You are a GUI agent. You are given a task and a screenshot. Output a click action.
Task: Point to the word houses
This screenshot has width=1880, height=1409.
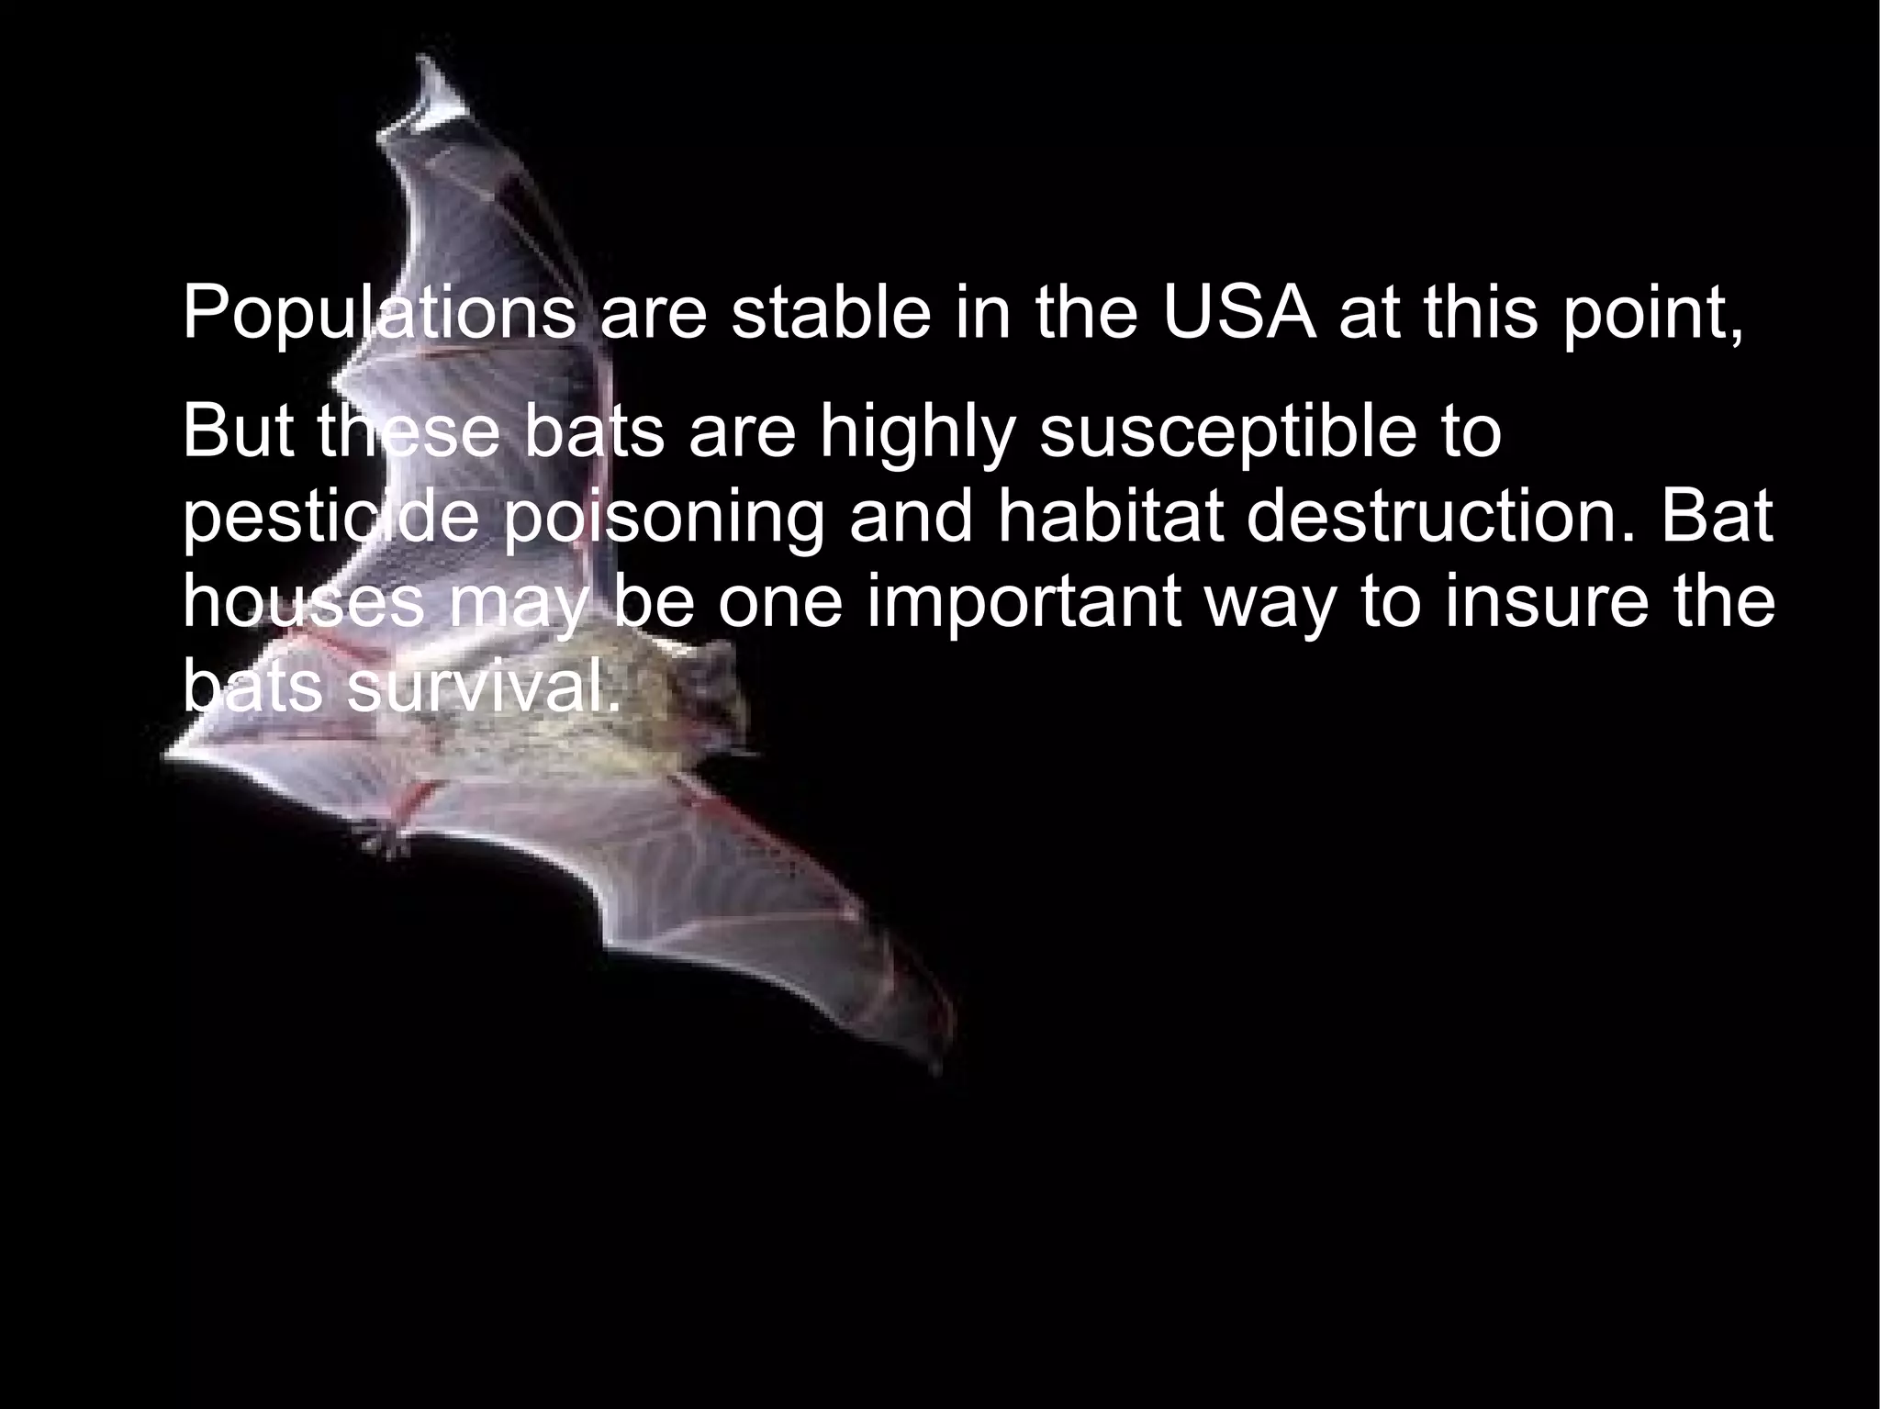(303, 603)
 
